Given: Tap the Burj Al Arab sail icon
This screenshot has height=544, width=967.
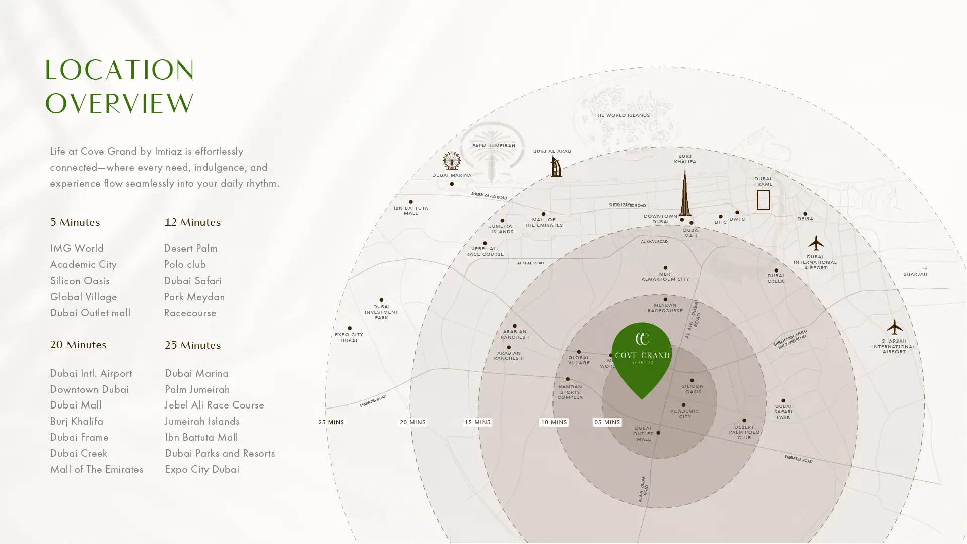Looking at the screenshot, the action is coord(556,167).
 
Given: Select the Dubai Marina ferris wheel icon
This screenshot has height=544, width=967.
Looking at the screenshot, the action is coord(452,161).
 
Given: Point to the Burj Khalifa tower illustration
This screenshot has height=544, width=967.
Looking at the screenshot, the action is coord(685,192).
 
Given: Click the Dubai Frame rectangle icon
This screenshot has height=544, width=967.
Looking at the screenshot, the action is coord(763,200).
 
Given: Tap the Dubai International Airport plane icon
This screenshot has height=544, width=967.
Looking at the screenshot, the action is coord(816,243).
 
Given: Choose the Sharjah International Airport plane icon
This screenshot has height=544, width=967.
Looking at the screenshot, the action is coord(894,327).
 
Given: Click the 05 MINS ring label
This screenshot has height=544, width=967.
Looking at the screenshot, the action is coord(607,422).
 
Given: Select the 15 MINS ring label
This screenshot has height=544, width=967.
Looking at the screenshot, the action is coord(477,422).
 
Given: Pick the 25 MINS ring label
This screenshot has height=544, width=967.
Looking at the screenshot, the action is coord(331,422).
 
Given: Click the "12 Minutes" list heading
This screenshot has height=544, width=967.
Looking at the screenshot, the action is coord(192,222).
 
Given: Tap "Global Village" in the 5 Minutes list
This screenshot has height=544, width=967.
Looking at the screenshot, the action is coord(84,297).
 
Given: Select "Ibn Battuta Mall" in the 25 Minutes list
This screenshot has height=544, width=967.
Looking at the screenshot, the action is coord(201,437).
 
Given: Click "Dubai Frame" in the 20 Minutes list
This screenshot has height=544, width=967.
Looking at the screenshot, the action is coord(80,437).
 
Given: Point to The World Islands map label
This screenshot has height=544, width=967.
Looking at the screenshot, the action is coord(622,115).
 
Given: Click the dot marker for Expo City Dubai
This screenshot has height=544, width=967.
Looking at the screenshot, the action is coord(350,328).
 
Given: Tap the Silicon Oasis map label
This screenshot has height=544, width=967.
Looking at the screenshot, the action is coord(693,389).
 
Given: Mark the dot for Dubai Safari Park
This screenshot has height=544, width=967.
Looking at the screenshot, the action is coord(783,401).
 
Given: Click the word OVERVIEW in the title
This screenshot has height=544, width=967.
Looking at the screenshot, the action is coord(119,104).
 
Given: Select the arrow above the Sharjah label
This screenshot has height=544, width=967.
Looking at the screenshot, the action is coord(924,268).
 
